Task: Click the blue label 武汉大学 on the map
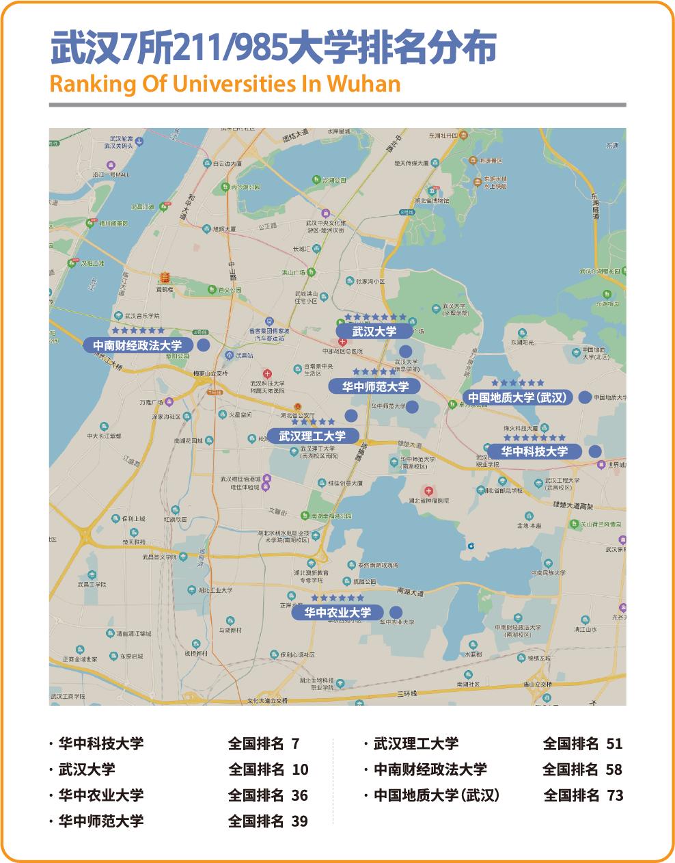(x=374, y=332)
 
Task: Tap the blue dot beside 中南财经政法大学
(x=203, y=345)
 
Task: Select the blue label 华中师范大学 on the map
(x=376, y=387)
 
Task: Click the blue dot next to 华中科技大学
(x=595, y=451)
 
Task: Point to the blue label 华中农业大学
(x=337, y=613)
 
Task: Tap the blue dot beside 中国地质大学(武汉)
(x=585, y=397)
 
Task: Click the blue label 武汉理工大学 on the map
(x=312, y=436)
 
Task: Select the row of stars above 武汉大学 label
(x=375, y=317)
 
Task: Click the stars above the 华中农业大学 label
(x=337, y=598)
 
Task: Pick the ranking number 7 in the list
(x=296, y=744)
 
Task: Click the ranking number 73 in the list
(x=615, y=795)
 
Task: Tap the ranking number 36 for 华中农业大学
(x=300, y=795)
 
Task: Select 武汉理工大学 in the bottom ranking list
(x=416, y=744)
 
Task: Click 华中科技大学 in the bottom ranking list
(x=101, y=744)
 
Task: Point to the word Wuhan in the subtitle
(x=364, y=83)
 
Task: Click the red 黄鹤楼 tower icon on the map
(x=164, y=278)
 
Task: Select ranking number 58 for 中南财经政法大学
(x=614, y=769)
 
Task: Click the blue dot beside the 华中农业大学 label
(x=395, y=613)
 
